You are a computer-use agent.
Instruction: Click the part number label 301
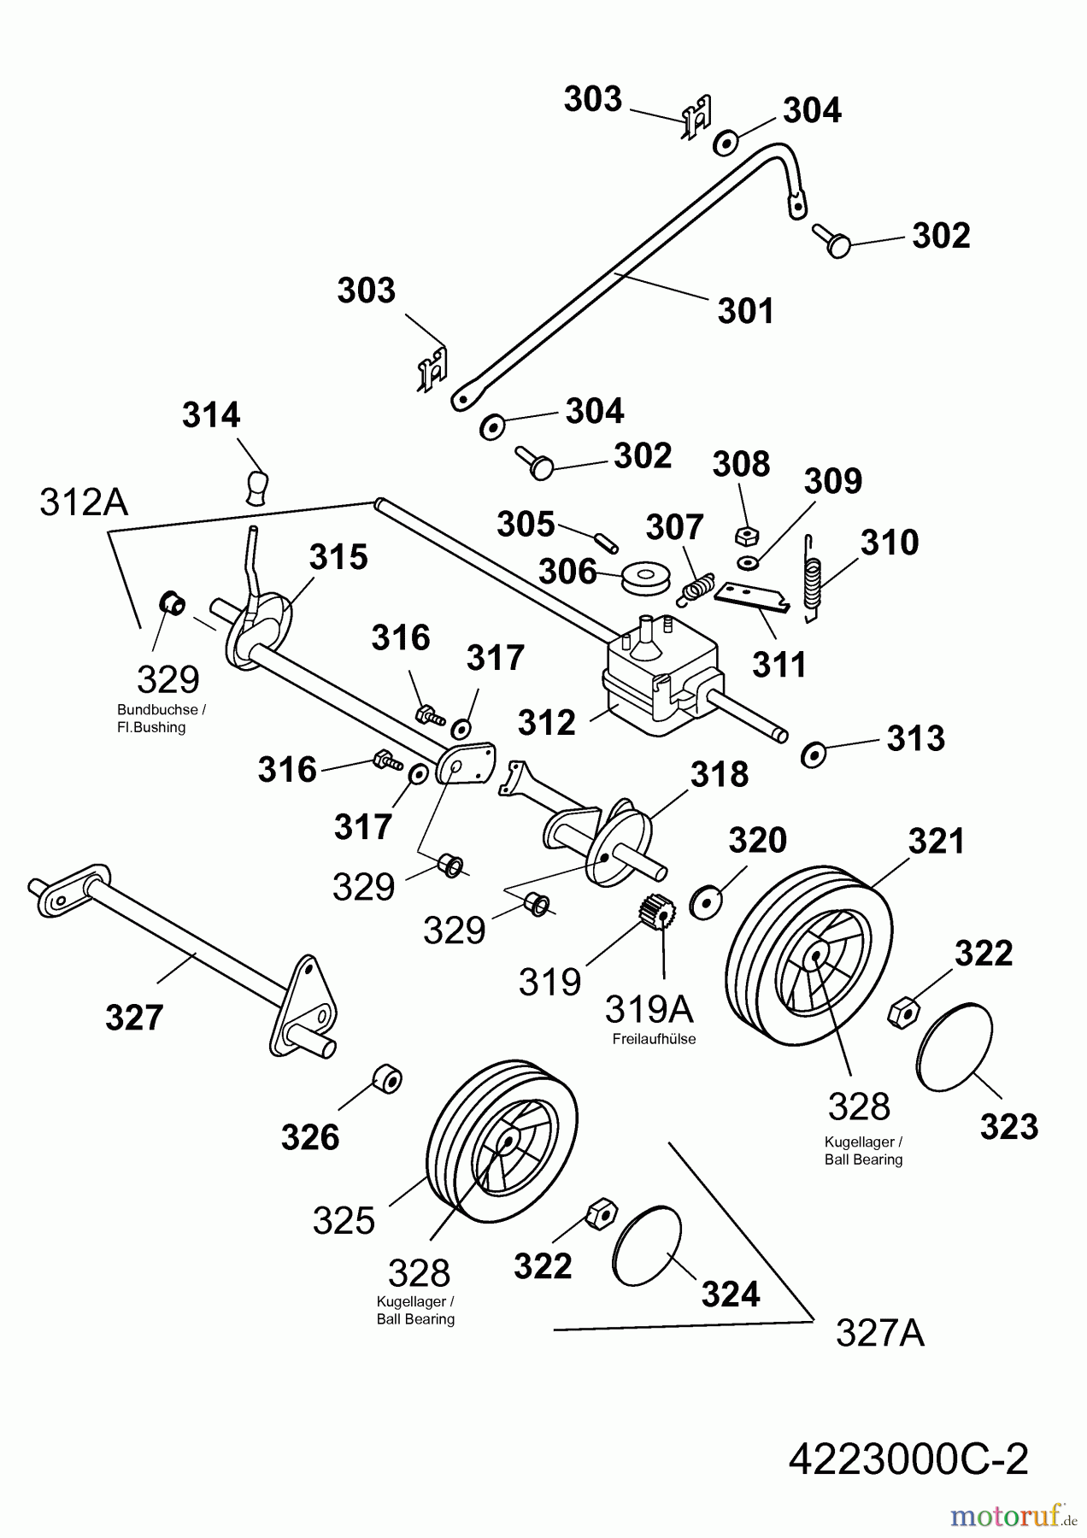[745, 311]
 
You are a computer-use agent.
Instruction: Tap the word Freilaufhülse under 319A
[654, 1039]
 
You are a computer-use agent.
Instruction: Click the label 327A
[879, 1332]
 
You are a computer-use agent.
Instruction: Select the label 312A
[84, 503]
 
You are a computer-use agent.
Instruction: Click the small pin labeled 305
[607, 542]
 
